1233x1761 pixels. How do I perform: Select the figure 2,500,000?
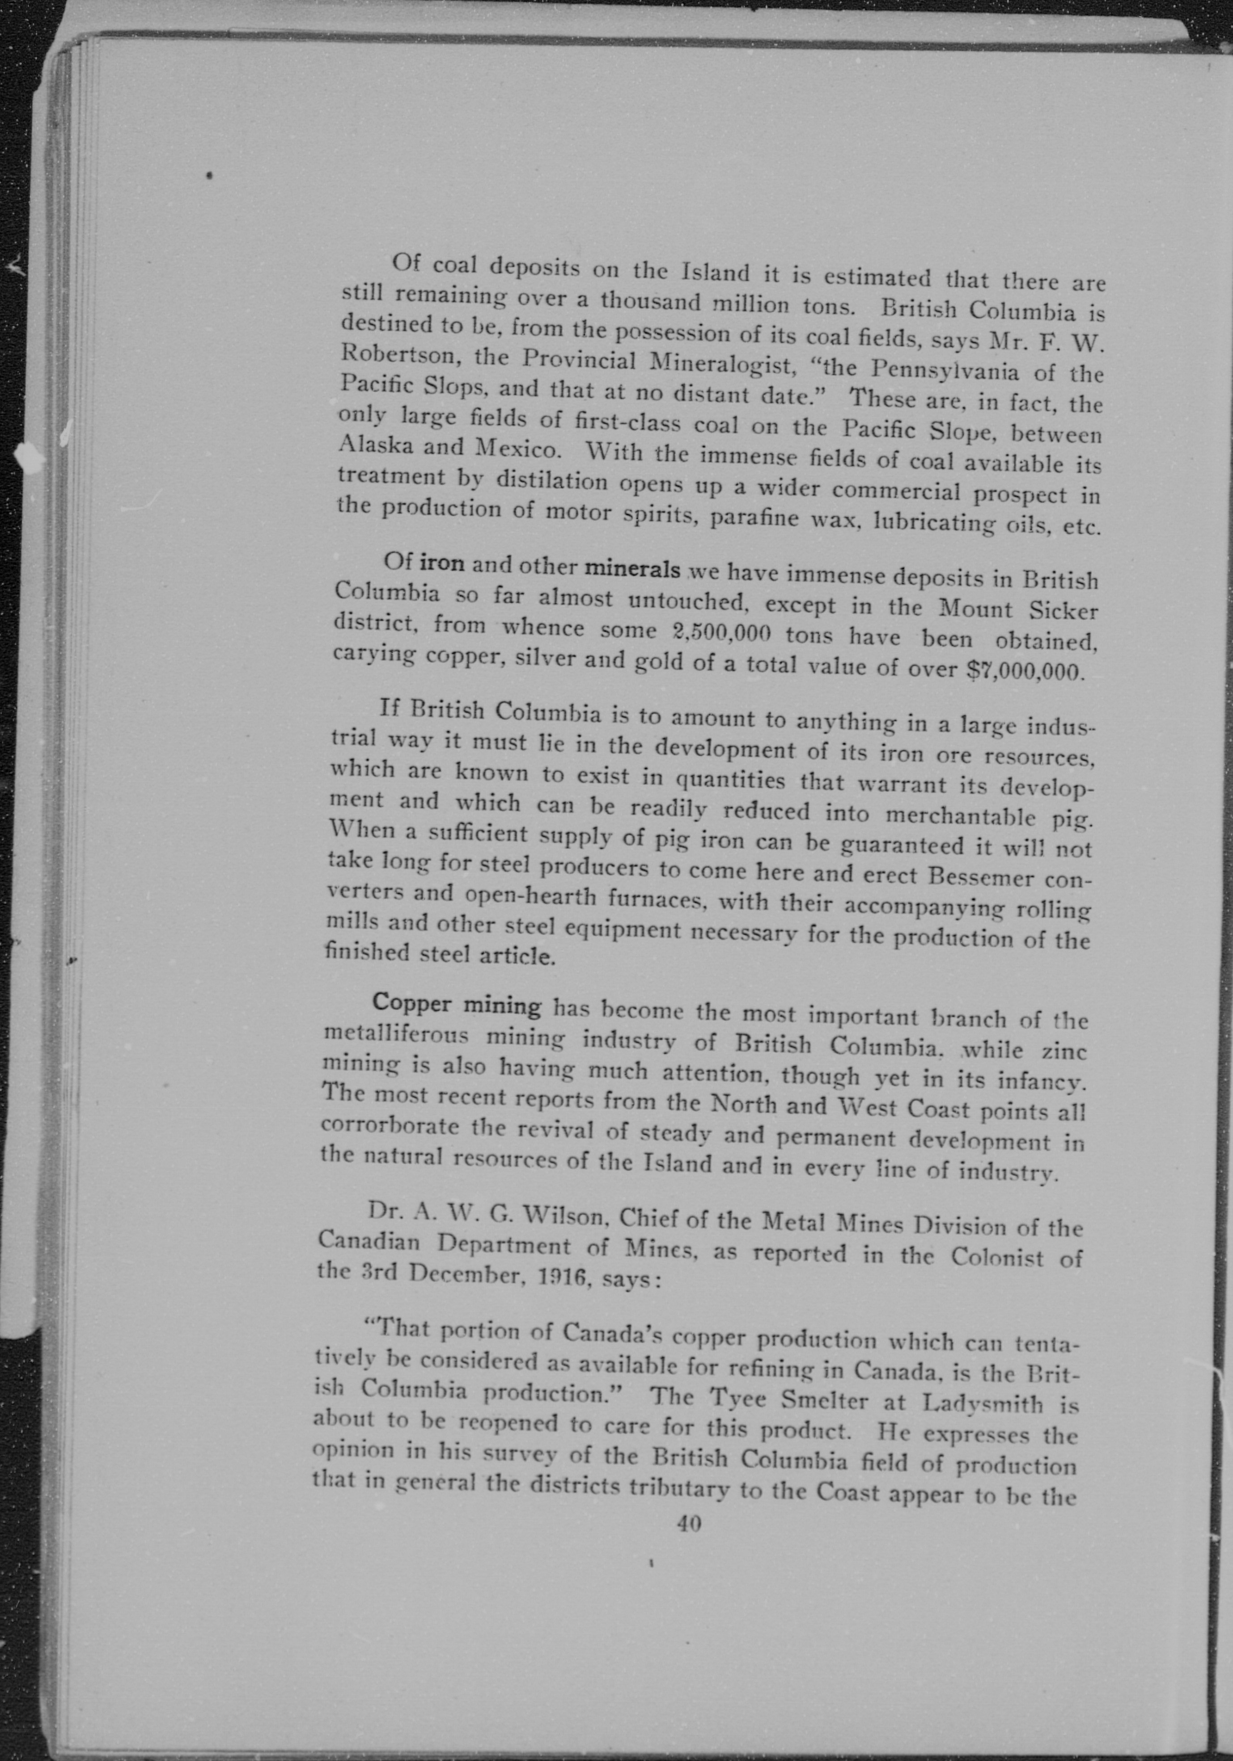point(721,634)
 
